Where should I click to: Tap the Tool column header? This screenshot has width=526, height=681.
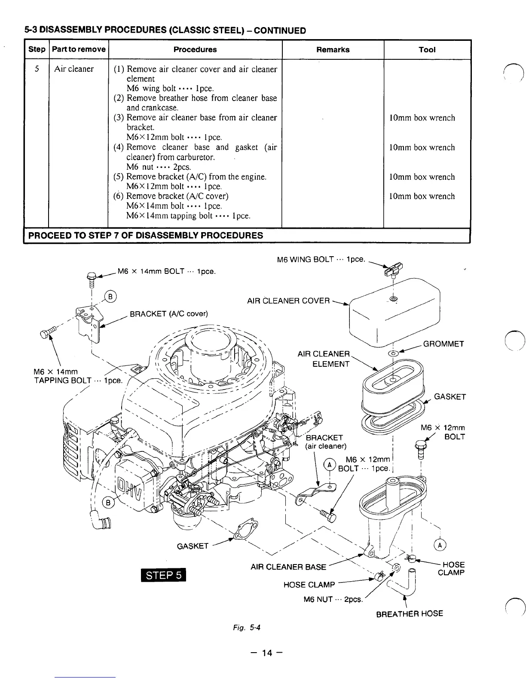427,49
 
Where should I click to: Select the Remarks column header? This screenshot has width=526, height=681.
333,49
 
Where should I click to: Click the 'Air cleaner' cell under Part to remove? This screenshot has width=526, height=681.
74,69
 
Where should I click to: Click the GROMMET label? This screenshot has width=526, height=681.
443,344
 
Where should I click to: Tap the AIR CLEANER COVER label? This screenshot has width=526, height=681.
288,301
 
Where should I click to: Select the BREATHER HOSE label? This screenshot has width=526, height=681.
409,614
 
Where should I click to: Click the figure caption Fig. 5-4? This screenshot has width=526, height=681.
246,627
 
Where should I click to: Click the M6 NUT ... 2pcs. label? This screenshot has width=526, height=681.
333,599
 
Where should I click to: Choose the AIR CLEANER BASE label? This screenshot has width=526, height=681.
288,567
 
